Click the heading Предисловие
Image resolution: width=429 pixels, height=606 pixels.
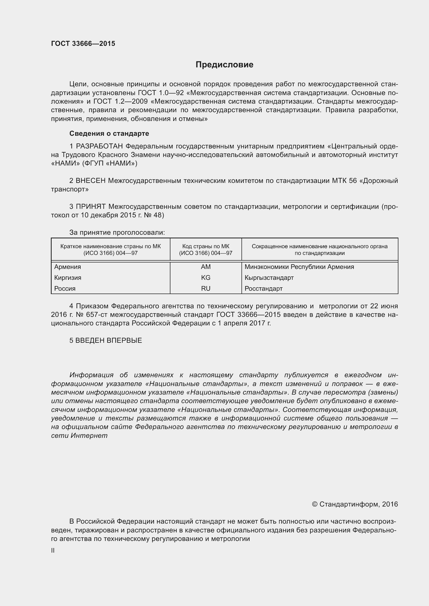224,65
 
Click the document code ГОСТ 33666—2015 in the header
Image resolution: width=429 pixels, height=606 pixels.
83,44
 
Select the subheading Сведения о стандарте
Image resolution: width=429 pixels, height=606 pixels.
109,133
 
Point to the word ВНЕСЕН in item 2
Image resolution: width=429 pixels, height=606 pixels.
91,181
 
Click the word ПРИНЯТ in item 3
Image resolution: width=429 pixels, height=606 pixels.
91,207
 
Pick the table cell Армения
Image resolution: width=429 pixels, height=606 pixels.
68,267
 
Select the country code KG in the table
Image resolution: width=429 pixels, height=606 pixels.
205,278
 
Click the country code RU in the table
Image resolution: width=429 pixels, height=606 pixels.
205,288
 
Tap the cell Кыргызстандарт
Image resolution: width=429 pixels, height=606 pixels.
269,278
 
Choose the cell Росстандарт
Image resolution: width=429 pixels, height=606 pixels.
263,288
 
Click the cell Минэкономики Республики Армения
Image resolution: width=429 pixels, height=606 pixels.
299,267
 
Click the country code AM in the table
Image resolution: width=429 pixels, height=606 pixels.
205,267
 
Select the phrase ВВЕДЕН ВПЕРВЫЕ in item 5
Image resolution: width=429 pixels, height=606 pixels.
109,340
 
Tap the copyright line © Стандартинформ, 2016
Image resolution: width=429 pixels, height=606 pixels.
355,504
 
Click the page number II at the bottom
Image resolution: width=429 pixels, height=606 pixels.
53,551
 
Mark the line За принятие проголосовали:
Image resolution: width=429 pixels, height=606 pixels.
117,232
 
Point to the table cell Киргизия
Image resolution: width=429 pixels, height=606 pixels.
68,278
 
